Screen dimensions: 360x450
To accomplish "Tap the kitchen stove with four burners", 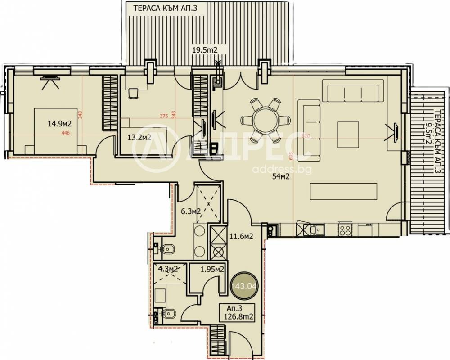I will click(x=346, y=230).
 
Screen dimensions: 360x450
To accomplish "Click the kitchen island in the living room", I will click(x=343, y=192).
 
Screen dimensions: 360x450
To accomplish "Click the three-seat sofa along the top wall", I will click(x=355, y=94).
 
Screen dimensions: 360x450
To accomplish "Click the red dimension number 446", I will click(x=65, y=133).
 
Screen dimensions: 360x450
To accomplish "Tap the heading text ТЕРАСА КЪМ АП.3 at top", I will click(x=165, y=7).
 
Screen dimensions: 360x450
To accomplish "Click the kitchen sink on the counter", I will click(x=318, y=230).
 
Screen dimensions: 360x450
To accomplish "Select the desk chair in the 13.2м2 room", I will click(x=133, y=93).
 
